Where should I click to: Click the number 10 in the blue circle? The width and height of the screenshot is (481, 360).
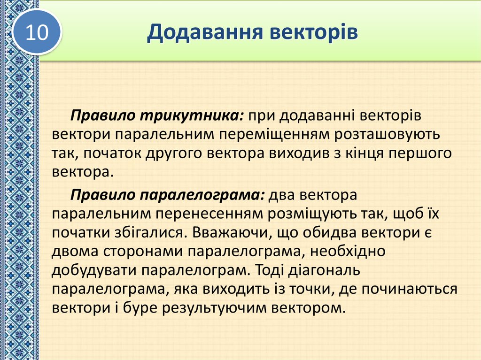point(37,33)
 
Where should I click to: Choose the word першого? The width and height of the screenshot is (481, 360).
point(419,153)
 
